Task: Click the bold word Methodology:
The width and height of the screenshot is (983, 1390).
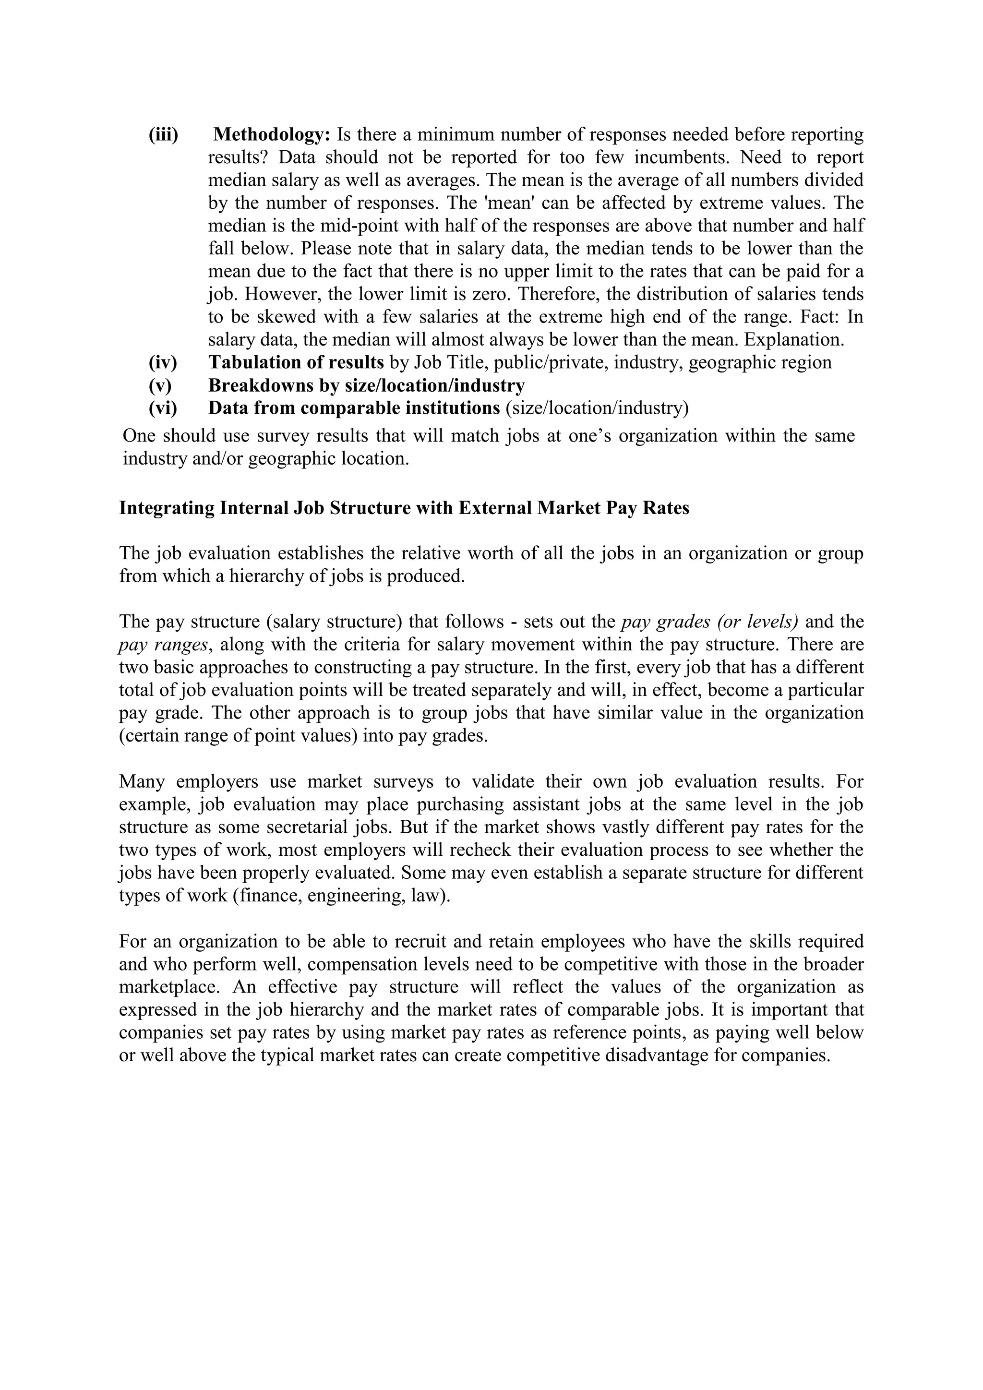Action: [272, 134]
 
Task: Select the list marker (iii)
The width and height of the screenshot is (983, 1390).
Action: [163, 134]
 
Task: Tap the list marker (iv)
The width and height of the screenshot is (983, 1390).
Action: [163, 363]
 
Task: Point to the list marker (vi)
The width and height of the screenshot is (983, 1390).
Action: [163, 408]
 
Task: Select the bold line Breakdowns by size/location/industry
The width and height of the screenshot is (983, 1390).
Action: [366, 385]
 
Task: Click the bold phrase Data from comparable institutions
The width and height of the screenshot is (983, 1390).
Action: [354, 408]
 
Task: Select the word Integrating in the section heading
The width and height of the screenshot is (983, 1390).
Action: [167, 508]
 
